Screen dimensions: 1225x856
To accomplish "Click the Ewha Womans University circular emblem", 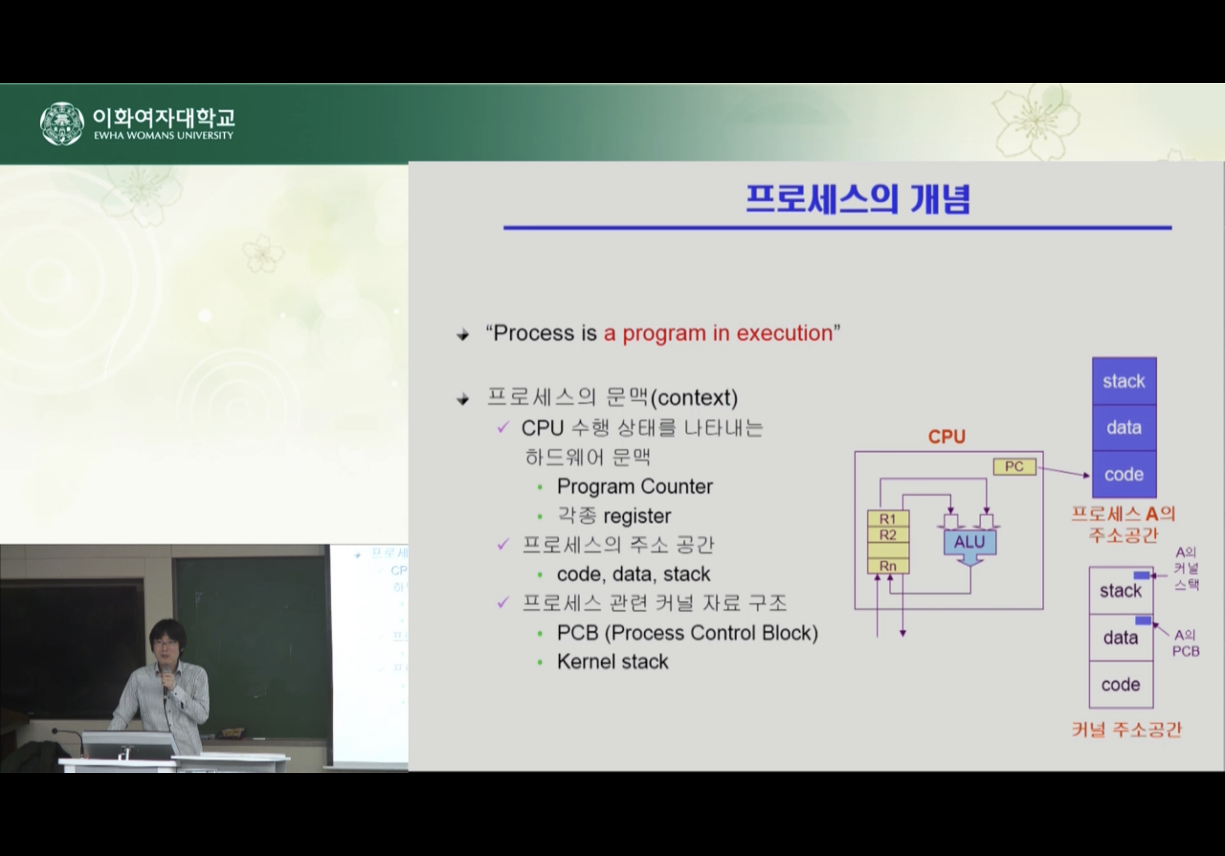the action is (62, 123).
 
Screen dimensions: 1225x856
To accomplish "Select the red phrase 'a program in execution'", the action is (718, 333).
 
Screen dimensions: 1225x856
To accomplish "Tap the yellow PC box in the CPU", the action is (1014, 466).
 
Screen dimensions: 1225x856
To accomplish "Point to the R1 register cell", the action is (888, 518).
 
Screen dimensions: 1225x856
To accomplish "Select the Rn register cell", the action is (888, 566).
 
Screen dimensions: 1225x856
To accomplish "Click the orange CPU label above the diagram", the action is (946, 437).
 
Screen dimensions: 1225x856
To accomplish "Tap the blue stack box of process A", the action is (1124, 381).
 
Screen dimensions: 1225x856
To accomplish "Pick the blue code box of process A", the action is (1124, 474).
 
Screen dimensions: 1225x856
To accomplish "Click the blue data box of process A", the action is (1124, 428).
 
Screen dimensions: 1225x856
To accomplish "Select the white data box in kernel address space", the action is (1121, 638).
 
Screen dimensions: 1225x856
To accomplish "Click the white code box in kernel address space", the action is (1121, 685).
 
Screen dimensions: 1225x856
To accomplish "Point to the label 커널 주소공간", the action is (1127, 730).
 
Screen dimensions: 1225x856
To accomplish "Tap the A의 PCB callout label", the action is (1186, 643).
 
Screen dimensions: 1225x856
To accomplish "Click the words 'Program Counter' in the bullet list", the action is (635, 486).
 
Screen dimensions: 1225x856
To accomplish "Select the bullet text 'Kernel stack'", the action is (612, 662).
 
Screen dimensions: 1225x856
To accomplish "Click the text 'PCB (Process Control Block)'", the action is (688, 633).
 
